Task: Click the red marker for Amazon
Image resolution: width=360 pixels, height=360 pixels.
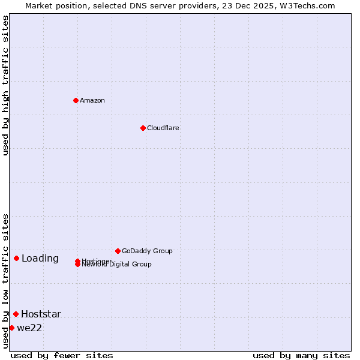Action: pos(76,100)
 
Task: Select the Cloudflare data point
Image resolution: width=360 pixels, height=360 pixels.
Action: pos(143,128)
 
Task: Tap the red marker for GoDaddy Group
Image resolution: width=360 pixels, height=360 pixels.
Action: pos(118,251)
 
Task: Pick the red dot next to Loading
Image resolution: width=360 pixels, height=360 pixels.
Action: pos(16,258)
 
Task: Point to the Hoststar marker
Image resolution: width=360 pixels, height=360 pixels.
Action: pos(16,314)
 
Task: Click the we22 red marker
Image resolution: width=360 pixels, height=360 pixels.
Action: pos(11,328)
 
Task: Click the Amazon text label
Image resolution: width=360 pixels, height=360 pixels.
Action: pos(92,100)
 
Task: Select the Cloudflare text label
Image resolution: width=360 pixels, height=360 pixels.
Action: pos(163,128)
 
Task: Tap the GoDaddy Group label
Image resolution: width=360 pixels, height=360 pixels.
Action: pos(147,251)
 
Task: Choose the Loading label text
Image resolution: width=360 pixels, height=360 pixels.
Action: pos(40,259)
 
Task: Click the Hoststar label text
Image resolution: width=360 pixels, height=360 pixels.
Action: pos(41,314)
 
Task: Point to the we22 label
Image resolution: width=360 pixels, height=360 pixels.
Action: pos(29,328)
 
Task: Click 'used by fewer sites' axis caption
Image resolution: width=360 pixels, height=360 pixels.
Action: pos(62,355)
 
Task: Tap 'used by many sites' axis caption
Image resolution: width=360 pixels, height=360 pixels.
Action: pos(301,355)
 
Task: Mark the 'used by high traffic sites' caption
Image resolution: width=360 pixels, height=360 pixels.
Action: pos(5,85)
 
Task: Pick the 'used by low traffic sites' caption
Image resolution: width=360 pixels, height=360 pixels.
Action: pos(5,281)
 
